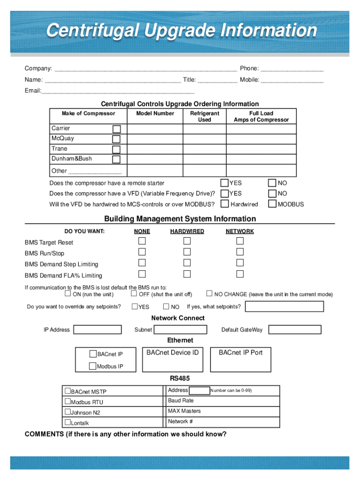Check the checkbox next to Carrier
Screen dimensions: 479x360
pos(116,129)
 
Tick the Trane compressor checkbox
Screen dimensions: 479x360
pos(116,149)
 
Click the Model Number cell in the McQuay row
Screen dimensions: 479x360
pos(155,139)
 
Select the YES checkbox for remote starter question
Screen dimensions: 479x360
pos(225,183)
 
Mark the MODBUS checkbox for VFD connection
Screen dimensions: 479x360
pos(272,204)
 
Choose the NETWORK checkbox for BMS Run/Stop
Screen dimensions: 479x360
pos(240,252)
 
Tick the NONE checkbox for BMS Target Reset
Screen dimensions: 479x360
pos(142,241)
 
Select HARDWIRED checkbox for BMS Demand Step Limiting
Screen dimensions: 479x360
pos(187,263)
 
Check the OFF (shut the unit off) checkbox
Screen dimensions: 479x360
pos(134,294)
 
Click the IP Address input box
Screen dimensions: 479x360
pos(98,330)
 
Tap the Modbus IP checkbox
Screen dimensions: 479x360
pos(93,366)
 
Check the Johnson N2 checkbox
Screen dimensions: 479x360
pos(67,412)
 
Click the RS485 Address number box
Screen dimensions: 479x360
pos(199,391)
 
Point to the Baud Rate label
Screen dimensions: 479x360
pos(180,401)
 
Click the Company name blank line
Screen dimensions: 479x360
pos(145,69)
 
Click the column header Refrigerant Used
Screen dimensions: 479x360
pos(204,116)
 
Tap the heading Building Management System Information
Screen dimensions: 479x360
pos(180,219)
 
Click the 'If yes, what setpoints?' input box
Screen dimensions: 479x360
pos(284,306)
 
